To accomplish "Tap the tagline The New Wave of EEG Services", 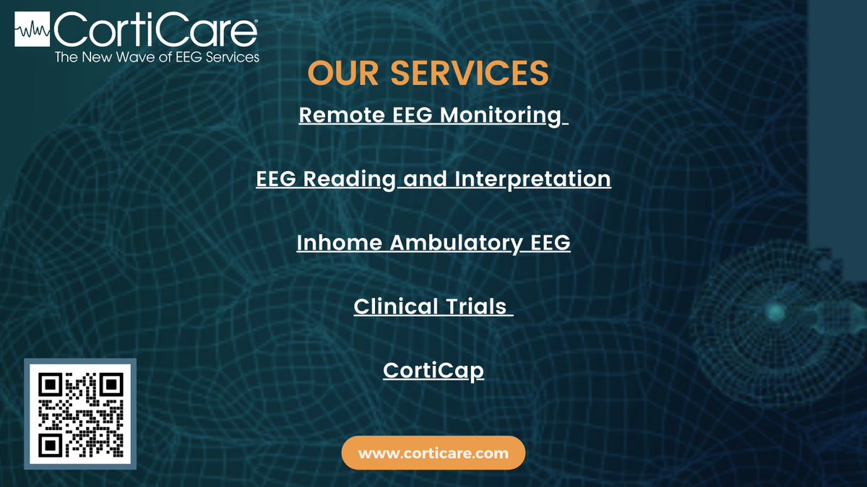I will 157,57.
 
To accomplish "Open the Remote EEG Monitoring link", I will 432,115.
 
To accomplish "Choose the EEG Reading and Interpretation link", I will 433,178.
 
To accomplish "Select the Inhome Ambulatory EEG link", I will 433,243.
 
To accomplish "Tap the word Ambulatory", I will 453,243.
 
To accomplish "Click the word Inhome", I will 339,243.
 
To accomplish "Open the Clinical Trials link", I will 432,307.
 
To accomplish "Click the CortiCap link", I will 433,371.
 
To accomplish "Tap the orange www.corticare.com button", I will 433,454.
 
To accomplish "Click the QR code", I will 79,414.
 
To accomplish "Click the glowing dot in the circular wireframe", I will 775,311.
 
